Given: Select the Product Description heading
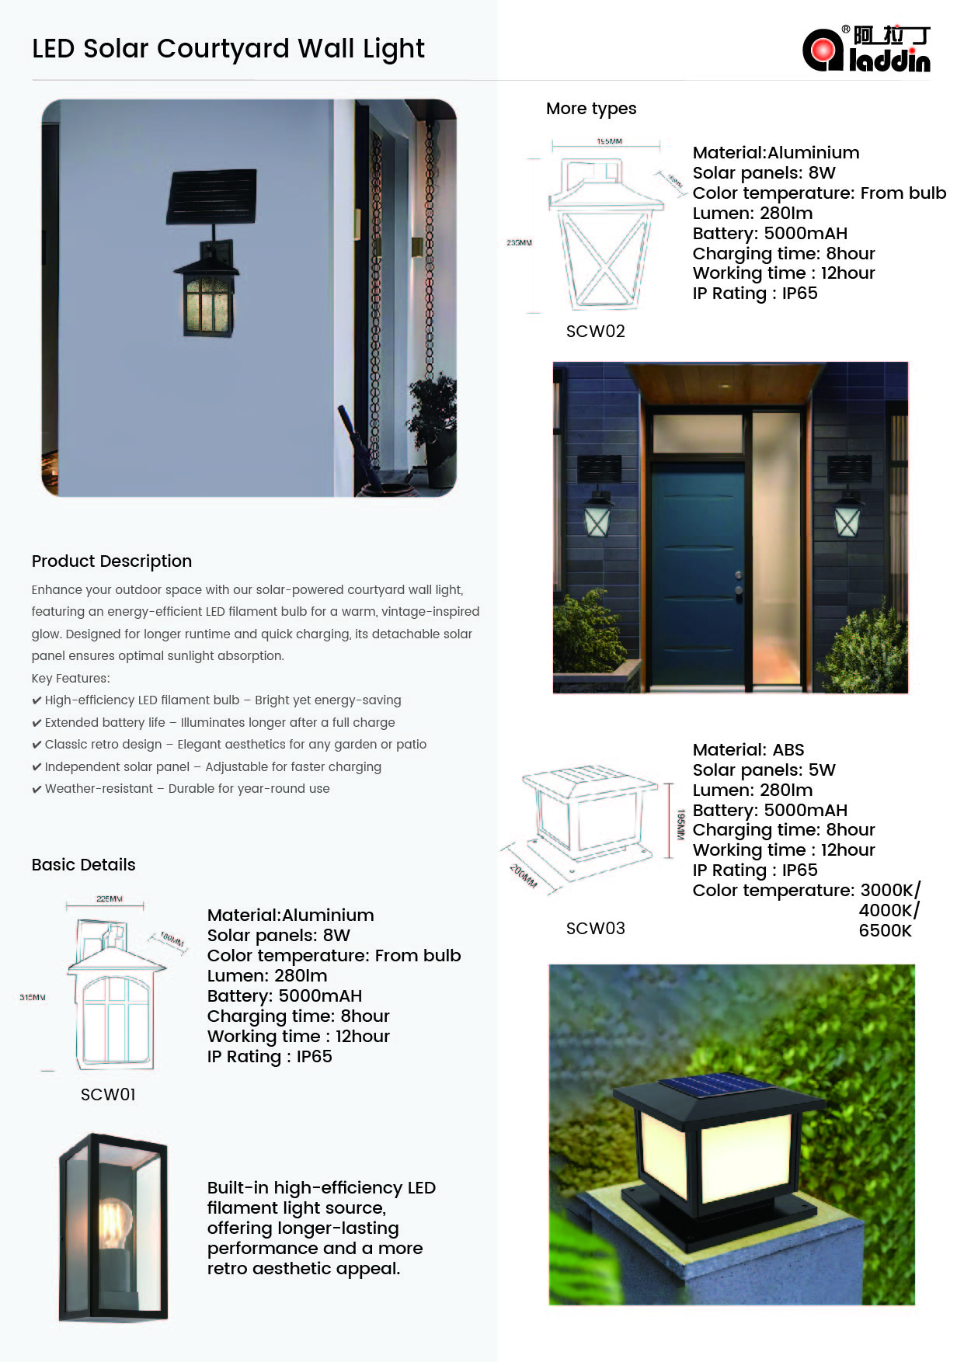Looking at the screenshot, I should click(x=112, y=561).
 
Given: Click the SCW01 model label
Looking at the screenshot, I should click(x=108, y=1094).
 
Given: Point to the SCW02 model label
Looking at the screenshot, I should click(x=595, y=332).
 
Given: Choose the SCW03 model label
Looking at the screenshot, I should click(x=595, y=929).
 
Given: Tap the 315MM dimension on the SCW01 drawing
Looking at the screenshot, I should click(x=33, y=997).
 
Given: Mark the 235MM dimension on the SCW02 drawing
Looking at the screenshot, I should click(x=519, y=243).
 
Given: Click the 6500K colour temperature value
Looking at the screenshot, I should click(x=885, y=930).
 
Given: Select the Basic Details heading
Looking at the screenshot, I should click(x=83, y=865).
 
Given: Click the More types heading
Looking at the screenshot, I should click(x=591, y=109).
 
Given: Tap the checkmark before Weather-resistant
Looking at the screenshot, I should click(x=37, y=790).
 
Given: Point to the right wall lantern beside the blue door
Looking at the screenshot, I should click(x=847, y=516).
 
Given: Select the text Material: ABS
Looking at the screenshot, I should click(x=748, y=750).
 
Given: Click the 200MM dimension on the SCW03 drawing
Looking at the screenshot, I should click(x=524, y=876).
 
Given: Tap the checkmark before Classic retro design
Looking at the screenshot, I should click(x=37, y=745).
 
